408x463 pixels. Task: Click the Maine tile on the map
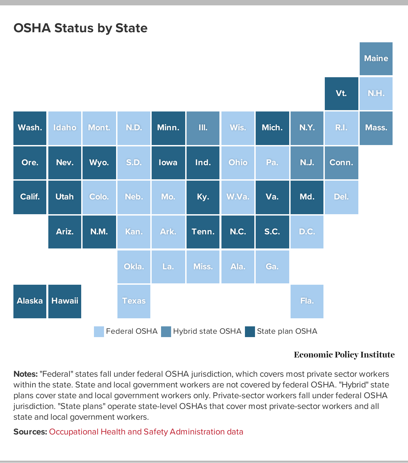point(376,59)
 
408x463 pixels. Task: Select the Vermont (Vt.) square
point(341,93)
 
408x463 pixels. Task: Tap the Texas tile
point(134,301)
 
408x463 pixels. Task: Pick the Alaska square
point(30,301)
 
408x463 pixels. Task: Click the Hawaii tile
point(65,301)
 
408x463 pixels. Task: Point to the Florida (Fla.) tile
point(307,301)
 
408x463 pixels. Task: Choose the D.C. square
point(307,232)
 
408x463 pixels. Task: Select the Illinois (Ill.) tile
point(203,128)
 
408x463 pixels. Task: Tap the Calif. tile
point(30,197)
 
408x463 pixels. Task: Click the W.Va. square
point(238,197)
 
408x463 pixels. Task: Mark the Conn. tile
point(341,163)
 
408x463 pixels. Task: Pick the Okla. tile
point(134,267)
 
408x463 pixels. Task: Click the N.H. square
point(376,93)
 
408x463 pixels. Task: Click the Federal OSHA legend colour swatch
point(99,332)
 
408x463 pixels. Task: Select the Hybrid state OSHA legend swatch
point(166,332)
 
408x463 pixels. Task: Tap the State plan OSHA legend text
point(287,331)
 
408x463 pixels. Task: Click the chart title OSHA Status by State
point(81,28)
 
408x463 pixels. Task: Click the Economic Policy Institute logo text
point(344,355)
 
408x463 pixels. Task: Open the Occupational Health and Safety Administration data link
point(146,432)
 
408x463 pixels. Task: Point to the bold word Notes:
point(25,374)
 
